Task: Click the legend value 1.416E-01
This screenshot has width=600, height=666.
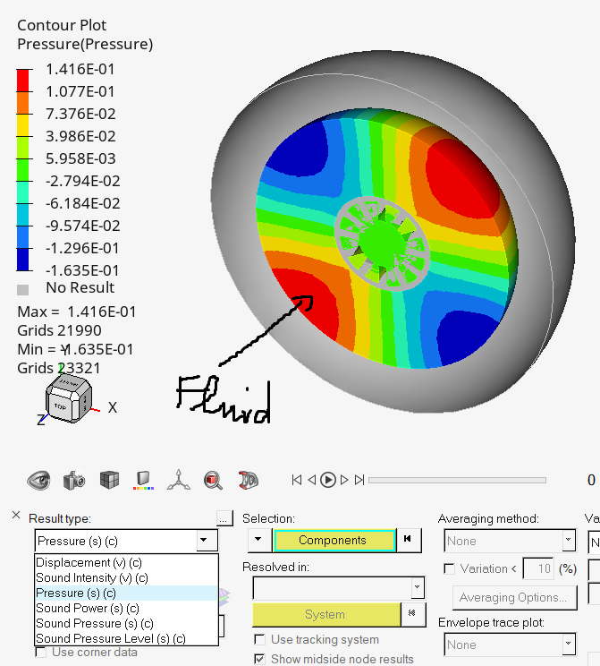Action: [x=81, y=69]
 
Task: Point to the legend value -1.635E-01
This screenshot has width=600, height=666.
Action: [x=81, y=270]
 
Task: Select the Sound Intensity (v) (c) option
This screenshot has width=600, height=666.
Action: [x=91, y=577]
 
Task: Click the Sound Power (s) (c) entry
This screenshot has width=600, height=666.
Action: [x=87, y=608]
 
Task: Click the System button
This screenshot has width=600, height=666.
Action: [x=325, y=614]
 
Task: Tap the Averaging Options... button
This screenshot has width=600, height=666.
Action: [x=511, y=597]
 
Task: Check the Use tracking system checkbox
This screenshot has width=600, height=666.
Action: [x=259, y=640]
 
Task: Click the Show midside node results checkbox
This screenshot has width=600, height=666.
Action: [x=259, y=659]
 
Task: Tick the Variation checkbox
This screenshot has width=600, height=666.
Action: [x=449, y=568]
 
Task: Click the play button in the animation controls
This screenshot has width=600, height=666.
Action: [x=328, y=480]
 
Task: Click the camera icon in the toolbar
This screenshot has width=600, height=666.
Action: [x=73, y=480]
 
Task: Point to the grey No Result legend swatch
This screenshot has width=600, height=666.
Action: [x=24, y=289]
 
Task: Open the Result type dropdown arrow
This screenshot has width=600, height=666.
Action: [x=205, y=541]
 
